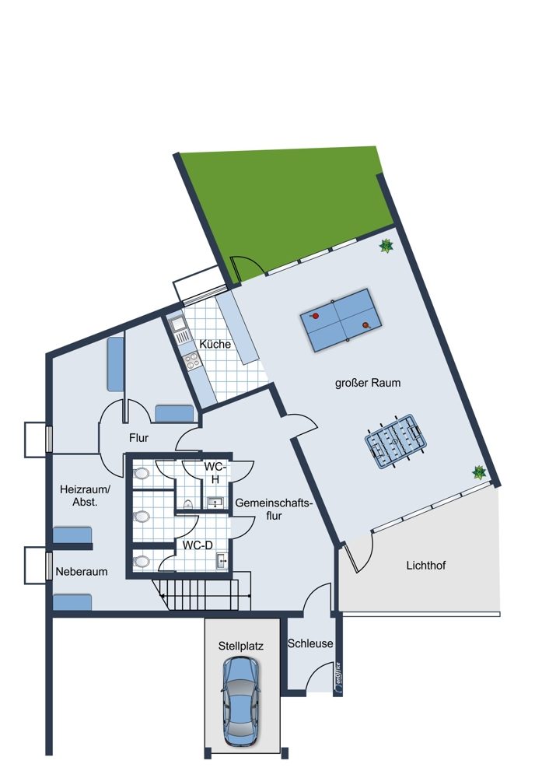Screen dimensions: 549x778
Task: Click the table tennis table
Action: pos(341,321)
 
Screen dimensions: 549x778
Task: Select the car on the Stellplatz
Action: pos(240,702)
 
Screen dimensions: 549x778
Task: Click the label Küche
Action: pos(215,344)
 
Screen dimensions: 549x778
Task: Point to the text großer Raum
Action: pos(368,383)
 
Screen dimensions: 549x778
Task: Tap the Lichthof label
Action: pos(426,565)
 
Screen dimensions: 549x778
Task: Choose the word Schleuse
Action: pos(310,643)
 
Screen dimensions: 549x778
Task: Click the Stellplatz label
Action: pos(240,646)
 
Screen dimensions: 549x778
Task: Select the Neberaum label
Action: pos(82,572)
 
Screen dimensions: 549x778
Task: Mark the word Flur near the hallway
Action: pos(139,438)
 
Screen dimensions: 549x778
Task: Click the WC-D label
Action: pos(198,545)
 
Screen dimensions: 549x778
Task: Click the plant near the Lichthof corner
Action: pos(478,472)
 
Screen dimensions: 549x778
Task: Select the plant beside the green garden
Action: pos(386,246)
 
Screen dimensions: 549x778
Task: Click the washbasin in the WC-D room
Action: pos(222,561)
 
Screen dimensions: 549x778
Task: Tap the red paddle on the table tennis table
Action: pos(314,316)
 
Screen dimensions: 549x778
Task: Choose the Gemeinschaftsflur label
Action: pos(274,509)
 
